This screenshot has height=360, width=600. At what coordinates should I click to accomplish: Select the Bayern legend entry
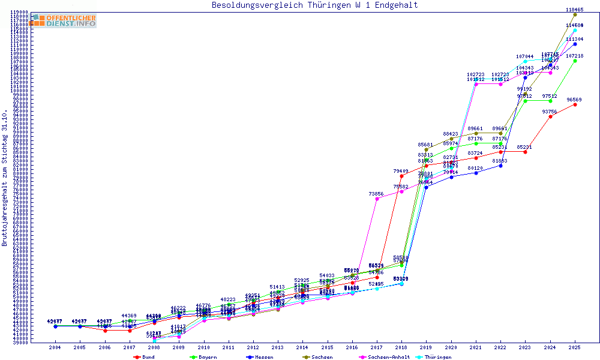pos(204,357)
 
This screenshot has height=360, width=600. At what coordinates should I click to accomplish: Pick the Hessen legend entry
pos(261,357)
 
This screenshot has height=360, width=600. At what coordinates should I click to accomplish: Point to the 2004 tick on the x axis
pos(55,347)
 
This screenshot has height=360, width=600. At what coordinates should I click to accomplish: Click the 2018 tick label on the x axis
pos(401,347)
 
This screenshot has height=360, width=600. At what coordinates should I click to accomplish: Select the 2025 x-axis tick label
pos(575,347)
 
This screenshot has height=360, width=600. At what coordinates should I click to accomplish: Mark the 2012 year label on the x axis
pos(253,347)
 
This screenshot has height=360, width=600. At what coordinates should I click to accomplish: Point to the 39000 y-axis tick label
pos(20,342)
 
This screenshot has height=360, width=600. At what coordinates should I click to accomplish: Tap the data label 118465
pos(575,10)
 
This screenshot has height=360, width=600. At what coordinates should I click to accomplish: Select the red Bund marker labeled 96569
pos(575,104)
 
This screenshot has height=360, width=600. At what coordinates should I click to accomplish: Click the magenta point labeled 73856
pos(377,199)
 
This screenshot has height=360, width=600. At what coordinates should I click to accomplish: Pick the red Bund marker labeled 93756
pos(550,116)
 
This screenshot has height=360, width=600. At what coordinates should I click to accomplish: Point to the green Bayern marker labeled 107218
pos(575,61)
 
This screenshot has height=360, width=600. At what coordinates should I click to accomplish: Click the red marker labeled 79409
pos(401,176)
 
